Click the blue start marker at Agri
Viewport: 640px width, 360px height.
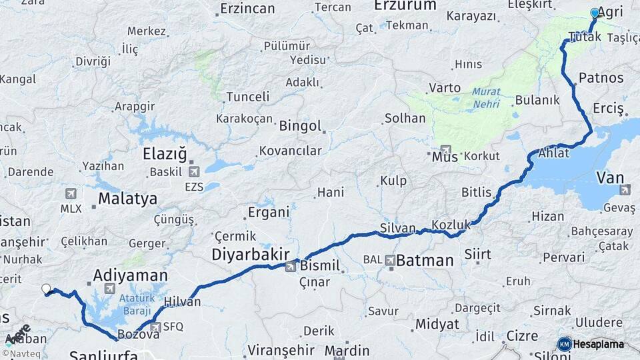[x=595, y=13]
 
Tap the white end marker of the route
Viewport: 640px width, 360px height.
[x=46, y=289]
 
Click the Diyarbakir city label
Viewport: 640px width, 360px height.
[x=250, y=254]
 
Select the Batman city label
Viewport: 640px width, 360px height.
[x=425, y=260]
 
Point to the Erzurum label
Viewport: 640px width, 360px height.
[x=405, y=5]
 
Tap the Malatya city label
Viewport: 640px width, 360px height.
[x=127, y=198]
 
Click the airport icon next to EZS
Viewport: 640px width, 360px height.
[x=194, y=171]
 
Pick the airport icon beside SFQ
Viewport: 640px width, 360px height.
[x=155, y=327]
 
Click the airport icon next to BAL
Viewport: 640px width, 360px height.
[x=389, y=259]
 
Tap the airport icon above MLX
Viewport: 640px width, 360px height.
[x=71, y=193]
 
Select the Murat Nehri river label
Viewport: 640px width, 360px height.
[x=486, y=97]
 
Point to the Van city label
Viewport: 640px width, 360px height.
[x=610, y=177]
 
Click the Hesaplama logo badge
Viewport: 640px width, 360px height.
[x=591, y=344]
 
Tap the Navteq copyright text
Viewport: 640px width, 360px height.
[x=21, y=353]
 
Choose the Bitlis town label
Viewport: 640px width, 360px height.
[x=477, y=192]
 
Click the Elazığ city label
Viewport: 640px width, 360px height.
[x=165, y=154]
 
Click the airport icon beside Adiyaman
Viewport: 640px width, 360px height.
[x=110, y=289]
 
